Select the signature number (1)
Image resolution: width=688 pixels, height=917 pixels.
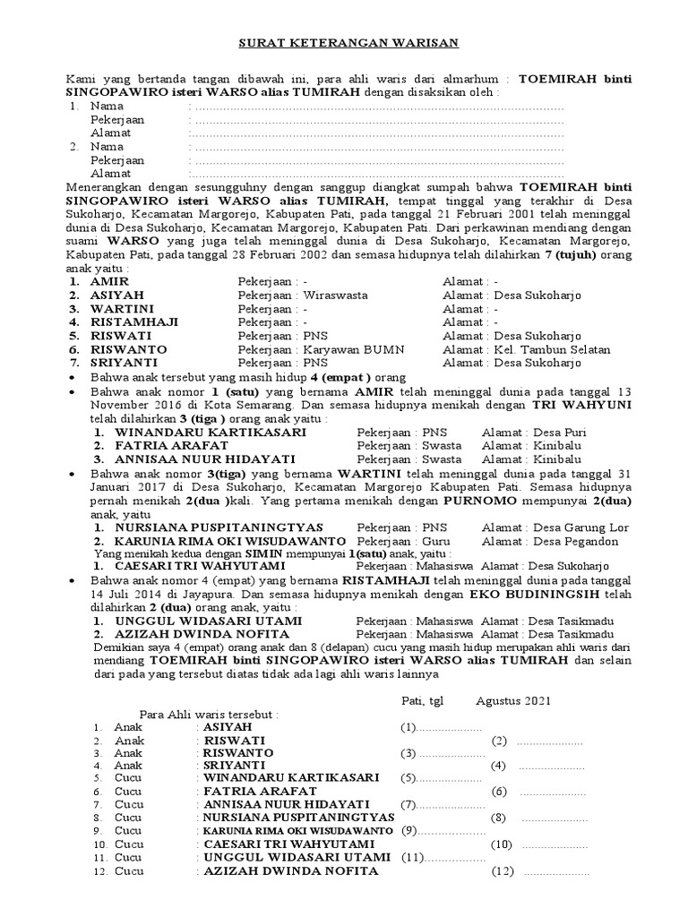(408, 726)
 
